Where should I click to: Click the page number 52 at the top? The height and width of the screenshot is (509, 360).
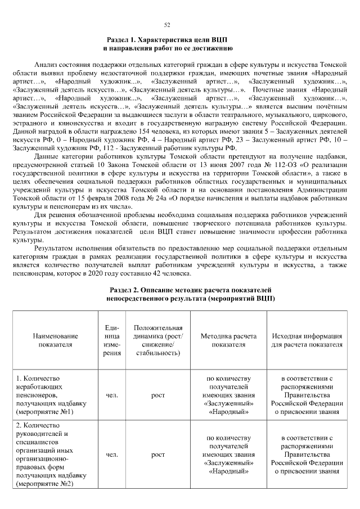click(x=167, y=25)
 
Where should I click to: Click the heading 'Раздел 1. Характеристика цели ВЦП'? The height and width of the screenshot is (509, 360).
click(x=166, y=40)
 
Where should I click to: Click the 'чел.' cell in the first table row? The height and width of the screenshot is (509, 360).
click(x=111, y=395)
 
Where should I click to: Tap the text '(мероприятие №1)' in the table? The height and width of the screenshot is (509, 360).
click(x=45, y=412)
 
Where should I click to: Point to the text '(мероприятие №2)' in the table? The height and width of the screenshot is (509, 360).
click(x=45, y=483)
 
